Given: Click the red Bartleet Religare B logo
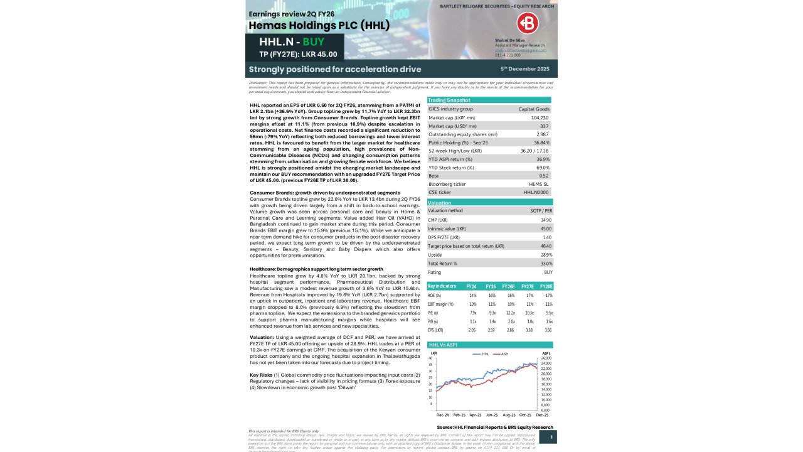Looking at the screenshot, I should (x=528, y=23).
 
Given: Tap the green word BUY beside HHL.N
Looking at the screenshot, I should (x=313, y=42).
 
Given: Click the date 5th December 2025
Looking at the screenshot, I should (x=524, y=68).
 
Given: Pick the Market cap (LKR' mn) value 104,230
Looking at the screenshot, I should (x=540, y=117).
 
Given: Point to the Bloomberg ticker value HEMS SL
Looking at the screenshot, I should (x=539, y=184).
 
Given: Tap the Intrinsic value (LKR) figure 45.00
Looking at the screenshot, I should (x=546, y=229).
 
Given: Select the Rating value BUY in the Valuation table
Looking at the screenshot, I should (x=548, y=272).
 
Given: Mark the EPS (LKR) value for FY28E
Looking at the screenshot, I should (x=548, y=330).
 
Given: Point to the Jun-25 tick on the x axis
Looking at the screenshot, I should (x=491, y=415).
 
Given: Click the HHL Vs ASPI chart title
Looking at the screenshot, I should (x=444, y=345).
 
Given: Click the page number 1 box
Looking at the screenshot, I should (x=551, y=437).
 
